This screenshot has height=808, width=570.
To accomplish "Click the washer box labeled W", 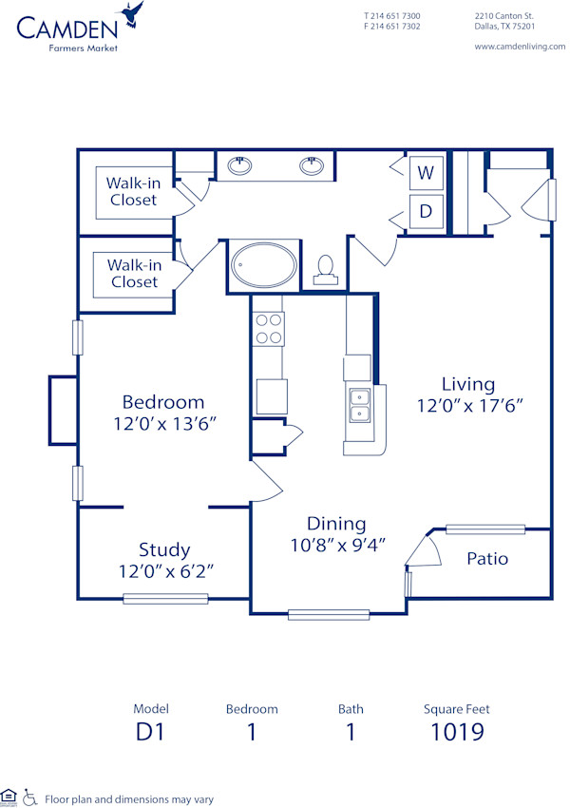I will [x=427, y=173].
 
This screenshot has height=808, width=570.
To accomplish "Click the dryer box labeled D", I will [x=427, y=211].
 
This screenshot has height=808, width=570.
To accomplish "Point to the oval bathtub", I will [x=265, y=265].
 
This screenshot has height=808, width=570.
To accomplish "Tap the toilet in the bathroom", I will [x=325, y=268].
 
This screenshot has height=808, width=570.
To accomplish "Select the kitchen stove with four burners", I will [x=269, y=329].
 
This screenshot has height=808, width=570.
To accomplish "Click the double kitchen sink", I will [x=359, y=406].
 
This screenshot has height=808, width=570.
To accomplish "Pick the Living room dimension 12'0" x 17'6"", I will [x=468, y=404].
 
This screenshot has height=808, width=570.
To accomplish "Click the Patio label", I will [x=486, y=558].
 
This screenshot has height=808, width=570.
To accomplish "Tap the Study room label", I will [x=164, y=549].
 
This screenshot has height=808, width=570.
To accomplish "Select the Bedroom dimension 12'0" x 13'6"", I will [x=162, y=422].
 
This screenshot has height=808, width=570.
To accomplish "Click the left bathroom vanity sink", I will [x=240, y=166].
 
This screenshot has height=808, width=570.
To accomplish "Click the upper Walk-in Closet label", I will [x=133, y=191].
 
